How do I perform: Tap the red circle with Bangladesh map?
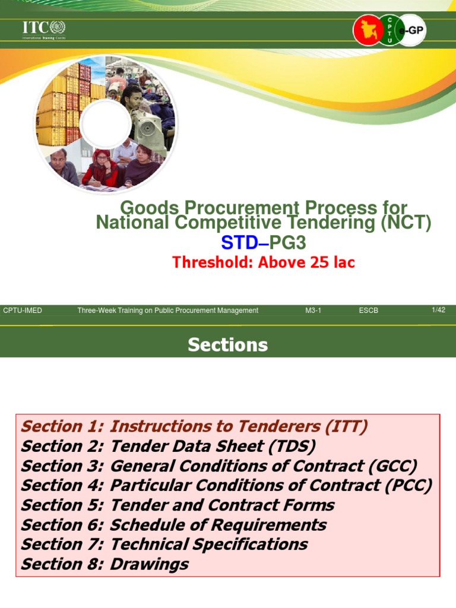click(368, 30)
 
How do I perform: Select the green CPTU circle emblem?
click(389, 29)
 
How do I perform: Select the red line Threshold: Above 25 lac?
click(264, 262)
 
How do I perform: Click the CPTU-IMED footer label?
click(23, 311)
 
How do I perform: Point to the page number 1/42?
click(438, 310)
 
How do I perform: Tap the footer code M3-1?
click(313, 311)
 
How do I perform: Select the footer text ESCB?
click(368, 311)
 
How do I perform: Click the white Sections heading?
click(228, 345)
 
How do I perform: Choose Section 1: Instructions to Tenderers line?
click(194, 426)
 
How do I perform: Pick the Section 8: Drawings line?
click(104, 563)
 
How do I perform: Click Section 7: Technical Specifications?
click(164, 544)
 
